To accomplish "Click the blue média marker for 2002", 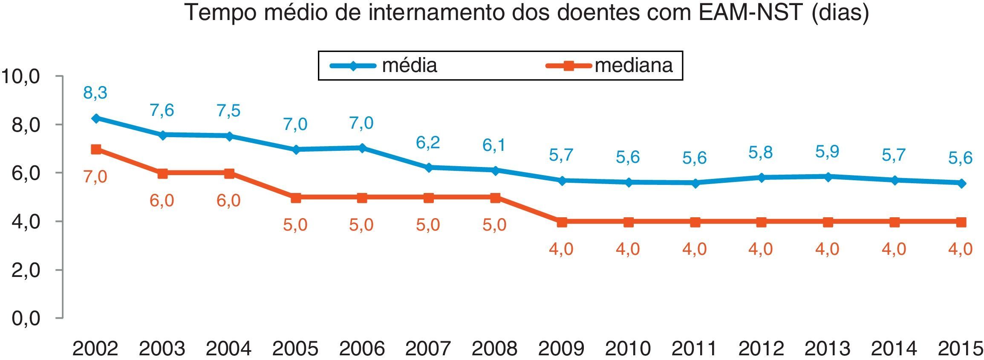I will pos(96,118).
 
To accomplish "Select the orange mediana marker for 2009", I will pos(562,222).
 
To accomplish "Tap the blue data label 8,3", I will pos(95,92).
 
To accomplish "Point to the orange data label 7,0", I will pos(95,176).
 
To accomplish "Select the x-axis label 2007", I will pos(428,348).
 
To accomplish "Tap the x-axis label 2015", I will pos(960,348).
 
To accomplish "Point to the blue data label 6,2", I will pos(428,143).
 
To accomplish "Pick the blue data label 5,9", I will pos(827,151).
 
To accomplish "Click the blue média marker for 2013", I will pos(828,176).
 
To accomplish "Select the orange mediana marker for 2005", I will pos(295,197).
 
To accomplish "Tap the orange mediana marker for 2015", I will pos(961,222).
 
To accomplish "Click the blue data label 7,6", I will pos(162,110).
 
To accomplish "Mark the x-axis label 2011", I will pos(694,348).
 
